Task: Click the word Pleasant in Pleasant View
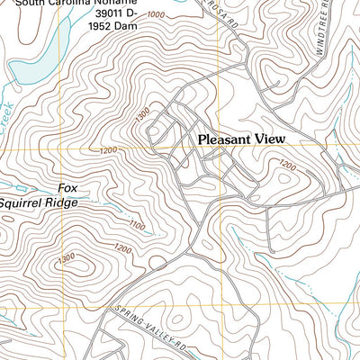[x=227, y=139]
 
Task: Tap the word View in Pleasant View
[x=271, y=139]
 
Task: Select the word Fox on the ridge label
[x=67, y=188]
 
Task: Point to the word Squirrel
[x=24, y=202]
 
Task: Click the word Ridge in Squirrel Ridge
[x=64, y=202]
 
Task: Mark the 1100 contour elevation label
[x=137, y=225]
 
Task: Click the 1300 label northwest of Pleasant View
[x=140, y=115]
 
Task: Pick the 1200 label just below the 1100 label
[x=123, y=247]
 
